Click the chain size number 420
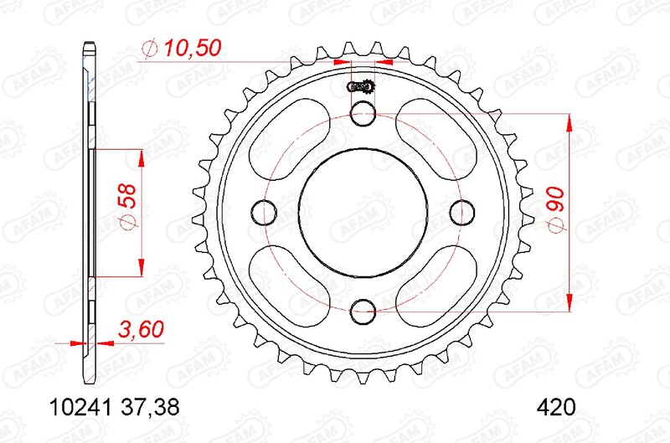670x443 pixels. (x=555, y=409)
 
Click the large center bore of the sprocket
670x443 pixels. (x=363, y=211)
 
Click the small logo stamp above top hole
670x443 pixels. (x=362, y=86)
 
